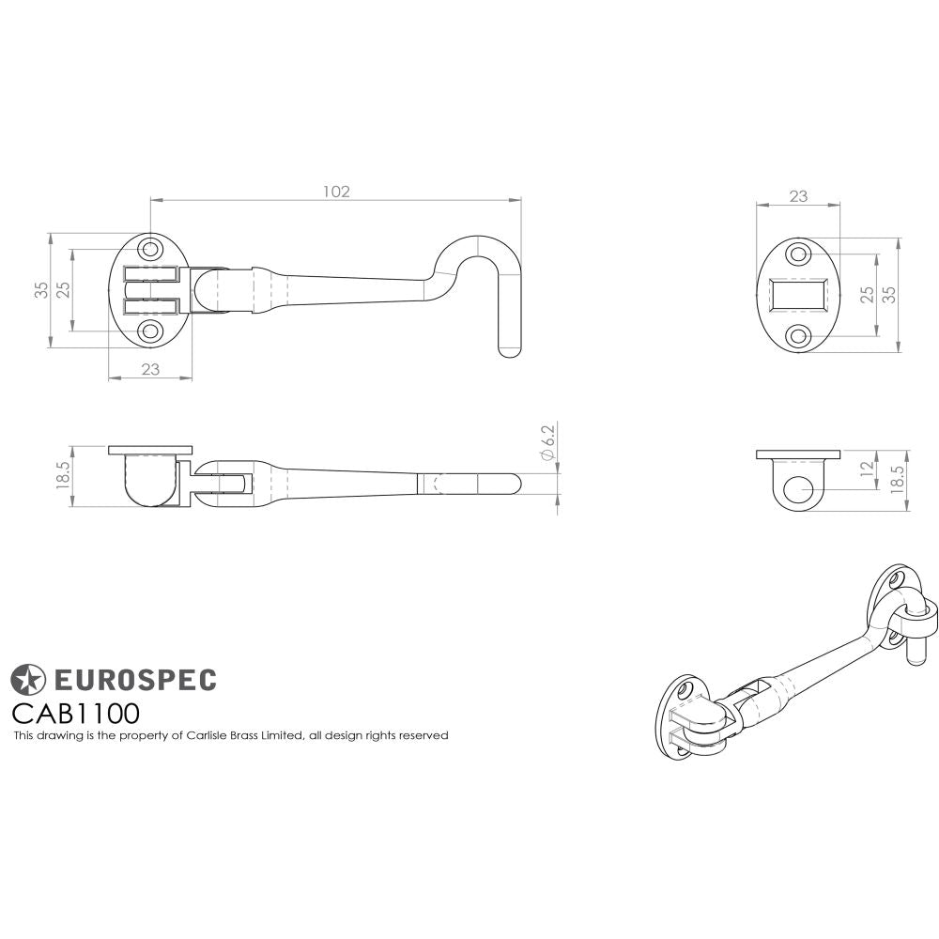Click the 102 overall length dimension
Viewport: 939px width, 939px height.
[335, 192]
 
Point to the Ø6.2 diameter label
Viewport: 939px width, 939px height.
[549, 441]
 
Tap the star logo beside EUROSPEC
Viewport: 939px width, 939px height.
[28, 678]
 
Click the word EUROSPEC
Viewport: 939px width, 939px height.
[132, 678]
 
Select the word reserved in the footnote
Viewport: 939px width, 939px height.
[423, 735]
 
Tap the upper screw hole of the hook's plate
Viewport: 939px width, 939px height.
[150, 251]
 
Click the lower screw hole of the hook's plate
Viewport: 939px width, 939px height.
[150, 331]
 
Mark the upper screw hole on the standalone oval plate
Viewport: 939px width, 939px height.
[797, 254]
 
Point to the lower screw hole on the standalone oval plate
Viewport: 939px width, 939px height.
[797, 335]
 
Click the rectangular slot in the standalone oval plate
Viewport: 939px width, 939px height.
[797, 295]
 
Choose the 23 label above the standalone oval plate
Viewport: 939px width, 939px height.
[797, 197]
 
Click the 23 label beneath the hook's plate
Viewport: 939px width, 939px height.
[150, 370]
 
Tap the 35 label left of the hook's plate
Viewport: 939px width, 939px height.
[41, 290]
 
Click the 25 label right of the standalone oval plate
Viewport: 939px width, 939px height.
[867, 295]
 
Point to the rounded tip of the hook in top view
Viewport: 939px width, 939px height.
[509, 352]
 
